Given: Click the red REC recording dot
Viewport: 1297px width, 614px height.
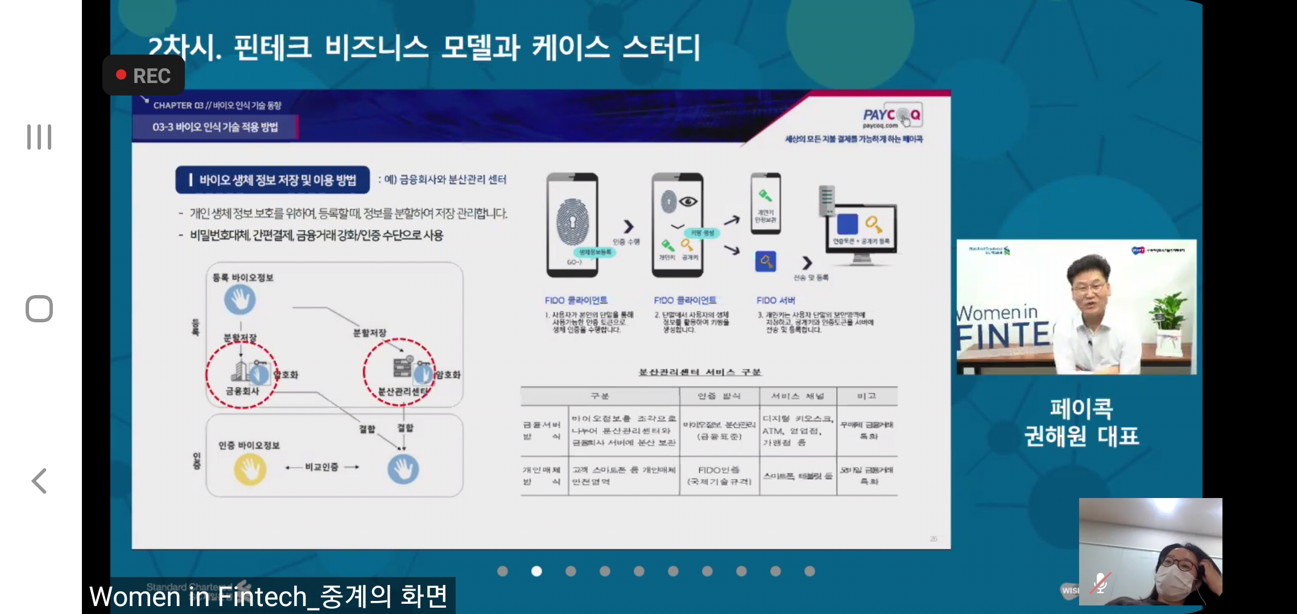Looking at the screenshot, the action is pyautogui.click(x=121, y=75).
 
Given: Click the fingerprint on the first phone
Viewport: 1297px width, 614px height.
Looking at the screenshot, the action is pyautogui.click(x=572, y=222).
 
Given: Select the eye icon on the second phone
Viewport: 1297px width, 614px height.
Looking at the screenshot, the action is pyautogui.click(x=688, y=201).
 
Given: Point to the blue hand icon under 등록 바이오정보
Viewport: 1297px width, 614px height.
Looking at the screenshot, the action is pyautogui.click(x=240, y=300).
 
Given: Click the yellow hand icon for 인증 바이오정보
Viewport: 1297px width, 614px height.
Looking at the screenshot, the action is pyautogui.click(x=250, y=470).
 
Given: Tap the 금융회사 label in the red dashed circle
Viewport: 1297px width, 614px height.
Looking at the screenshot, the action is pyautogui.click(x=242, y=391).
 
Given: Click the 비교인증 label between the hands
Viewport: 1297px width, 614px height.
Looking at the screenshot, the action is pyautogui.click(x=321, y=467).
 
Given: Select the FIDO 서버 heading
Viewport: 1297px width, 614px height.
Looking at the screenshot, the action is pyautogui.click(x=775, y=300).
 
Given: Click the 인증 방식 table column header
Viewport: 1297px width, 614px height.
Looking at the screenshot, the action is pyautogui.click(x=719, y=396).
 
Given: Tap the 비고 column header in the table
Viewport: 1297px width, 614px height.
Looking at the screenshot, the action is pyautogui.click(x=866, y=396).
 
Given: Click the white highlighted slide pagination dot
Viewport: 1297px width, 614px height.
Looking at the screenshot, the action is pyautogui.click(x=536, y=571).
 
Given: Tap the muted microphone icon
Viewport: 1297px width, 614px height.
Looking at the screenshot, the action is pyautogui.click(x=1101, y=583).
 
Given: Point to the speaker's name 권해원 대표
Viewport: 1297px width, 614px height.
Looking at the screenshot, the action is pyautogui.click(x=1081, y=436).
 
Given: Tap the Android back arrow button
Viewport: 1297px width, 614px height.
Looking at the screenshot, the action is pyautogui.click(x=39, y=481).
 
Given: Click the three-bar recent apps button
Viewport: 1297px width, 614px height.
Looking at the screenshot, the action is pyautogui.click(x=39, y=137).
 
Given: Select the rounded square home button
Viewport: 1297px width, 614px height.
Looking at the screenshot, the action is pyautogui.click(x=39, y=309).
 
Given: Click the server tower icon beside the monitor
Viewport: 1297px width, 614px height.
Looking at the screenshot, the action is pyautogui.click(x=826, y=201).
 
